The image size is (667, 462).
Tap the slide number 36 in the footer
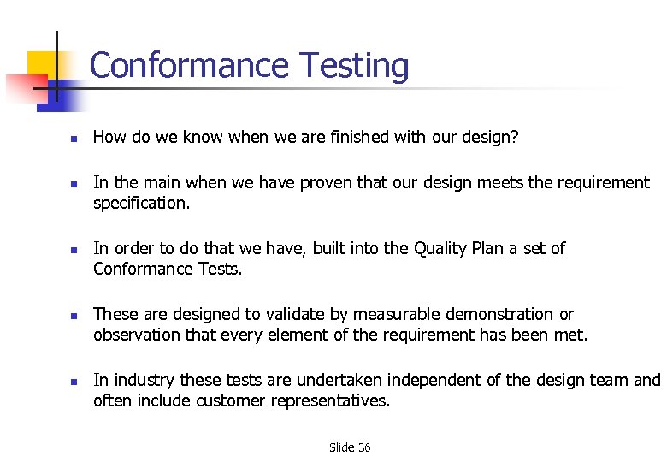point(363,447)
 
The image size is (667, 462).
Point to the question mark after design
point(514,138)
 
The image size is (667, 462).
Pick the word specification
point(141,204)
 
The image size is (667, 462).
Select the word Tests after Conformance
point(221,269)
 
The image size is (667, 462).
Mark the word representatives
point(333,400)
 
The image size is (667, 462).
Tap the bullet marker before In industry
point(74,380)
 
